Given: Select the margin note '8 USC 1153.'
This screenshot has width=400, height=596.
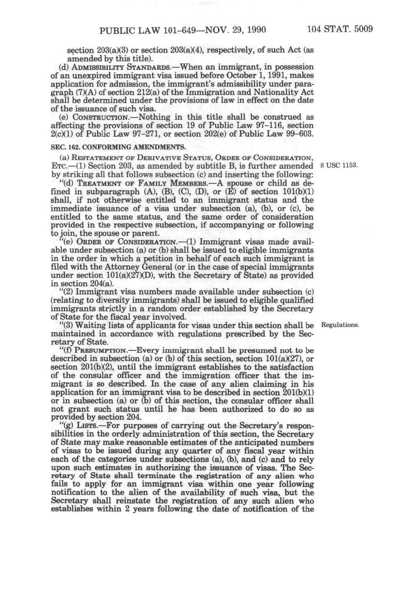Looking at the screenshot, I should tap(339, 165).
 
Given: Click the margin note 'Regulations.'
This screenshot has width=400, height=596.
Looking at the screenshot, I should tap(340, 325).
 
